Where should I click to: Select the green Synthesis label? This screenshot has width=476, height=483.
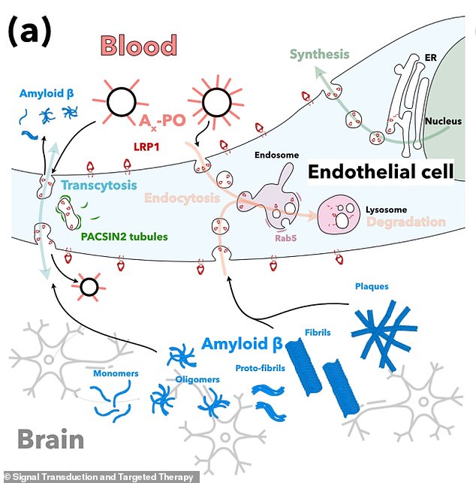(320, 54)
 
